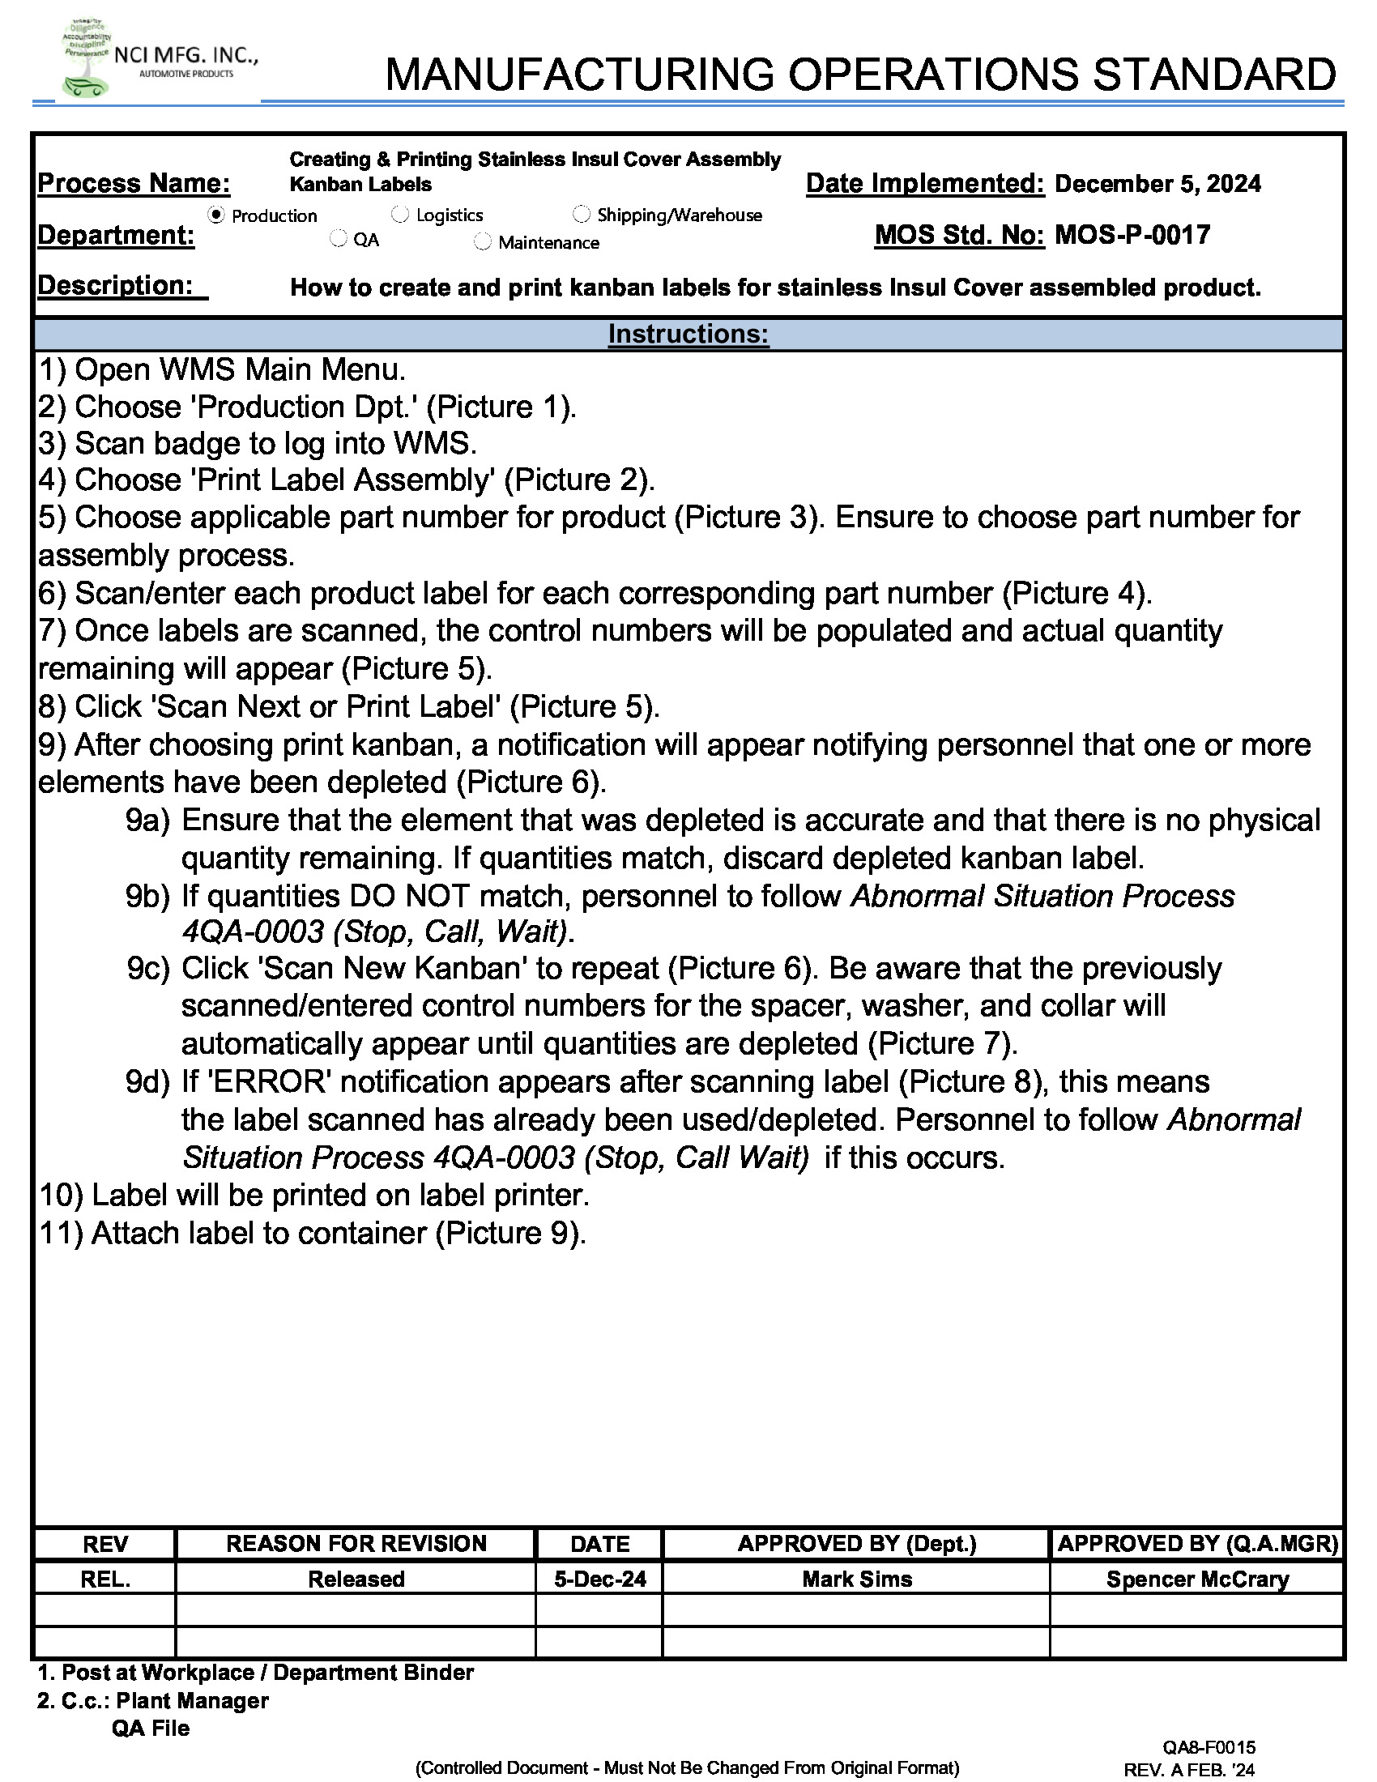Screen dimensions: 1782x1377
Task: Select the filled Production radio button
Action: [216, 215]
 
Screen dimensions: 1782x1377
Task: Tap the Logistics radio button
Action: [399, 215]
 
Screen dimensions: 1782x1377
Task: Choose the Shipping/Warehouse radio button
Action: [581, 214]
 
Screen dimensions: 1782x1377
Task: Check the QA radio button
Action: [339, 239]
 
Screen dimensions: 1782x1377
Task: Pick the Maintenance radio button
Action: [483, 241]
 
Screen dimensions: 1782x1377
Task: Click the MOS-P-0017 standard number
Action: [1132, 236]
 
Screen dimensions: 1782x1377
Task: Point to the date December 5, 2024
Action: [1157, 184]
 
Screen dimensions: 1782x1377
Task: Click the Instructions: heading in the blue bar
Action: [688, 334]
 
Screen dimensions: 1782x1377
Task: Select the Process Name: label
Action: [134, 184]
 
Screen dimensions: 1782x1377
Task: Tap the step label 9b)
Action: [147, 896]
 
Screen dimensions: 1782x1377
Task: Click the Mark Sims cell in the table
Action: [855, 1579]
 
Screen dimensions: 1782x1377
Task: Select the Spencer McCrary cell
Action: [1196, 1579]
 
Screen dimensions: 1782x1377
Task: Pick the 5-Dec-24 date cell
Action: [599, 1579]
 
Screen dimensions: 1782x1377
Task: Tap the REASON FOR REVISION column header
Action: [356, 1544]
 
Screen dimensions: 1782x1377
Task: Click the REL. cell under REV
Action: [105, 1579]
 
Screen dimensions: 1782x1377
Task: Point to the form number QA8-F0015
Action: [1209, 1747]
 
